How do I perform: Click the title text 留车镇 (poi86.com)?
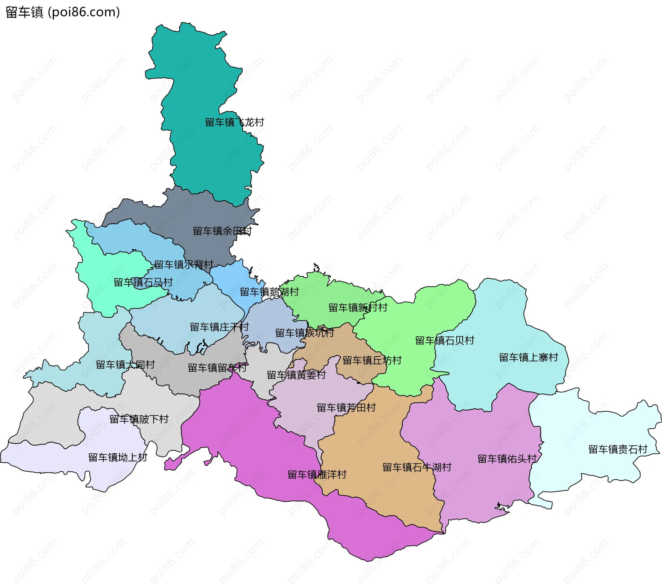tap(63, 12)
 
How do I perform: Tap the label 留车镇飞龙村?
tap(234, 122)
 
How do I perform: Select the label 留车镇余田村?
tap(222, 231)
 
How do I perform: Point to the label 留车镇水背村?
tap(184, 265)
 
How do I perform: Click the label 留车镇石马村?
tap(143, 283)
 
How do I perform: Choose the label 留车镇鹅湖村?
tap(269, 292)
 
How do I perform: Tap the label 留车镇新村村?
tap(358, 308)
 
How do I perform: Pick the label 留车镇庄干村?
tap(219, 327)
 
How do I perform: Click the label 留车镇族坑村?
tap(304, 333)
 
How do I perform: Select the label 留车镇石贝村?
tap(445, 340)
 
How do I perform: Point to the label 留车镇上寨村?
tap(529, 358)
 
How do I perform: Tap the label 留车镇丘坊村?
tap(372, 360)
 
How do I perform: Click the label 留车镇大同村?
tap(125, 365)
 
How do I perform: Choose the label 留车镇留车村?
tap(217, 368)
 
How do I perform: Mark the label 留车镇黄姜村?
tap(297, 375)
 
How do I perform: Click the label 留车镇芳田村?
tap(346, 408)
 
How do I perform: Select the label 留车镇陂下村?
tap(139, 419)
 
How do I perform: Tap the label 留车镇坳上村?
tap(118, 458)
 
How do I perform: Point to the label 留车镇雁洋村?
tap(317, 475)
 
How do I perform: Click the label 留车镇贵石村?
tap(618, 449)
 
